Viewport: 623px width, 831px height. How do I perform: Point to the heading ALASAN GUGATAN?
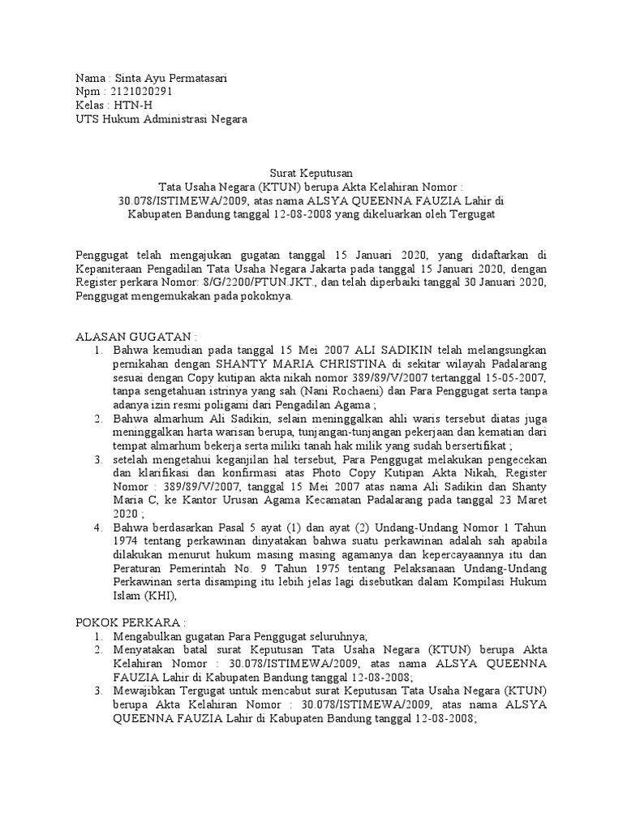[x=135, y=336]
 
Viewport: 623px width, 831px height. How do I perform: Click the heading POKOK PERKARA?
[x=131, y=622]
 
